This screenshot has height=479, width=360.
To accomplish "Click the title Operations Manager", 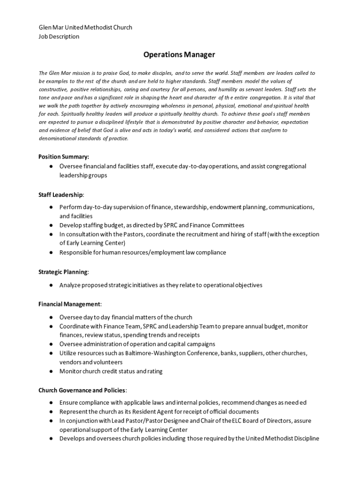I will [179, 55].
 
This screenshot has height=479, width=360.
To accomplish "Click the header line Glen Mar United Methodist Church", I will [85, 27].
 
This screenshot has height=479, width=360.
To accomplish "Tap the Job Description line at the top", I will [59, 36].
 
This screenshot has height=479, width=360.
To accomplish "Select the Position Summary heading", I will [64, 157].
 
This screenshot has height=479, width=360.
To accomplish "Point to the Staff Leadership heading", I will [61, 194].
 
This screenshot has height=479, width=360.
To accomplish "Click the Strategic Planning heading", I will [63, 272].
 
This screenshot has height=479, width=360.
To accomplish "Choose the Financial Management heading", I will [69, 304].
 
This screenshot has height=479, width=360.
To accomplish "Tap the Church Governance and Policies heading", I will [82, 390].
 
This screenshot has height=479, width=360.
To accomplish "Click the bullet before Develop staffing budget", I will [50, 225].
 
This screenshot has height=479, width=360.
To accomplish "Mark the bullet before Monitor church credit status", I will [50, 371].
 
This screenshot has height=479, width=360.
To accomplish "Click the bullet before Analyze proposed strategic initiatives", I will [50, 285].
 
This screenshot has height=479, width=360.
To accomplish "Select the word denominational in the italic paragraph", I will [58, 138].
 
